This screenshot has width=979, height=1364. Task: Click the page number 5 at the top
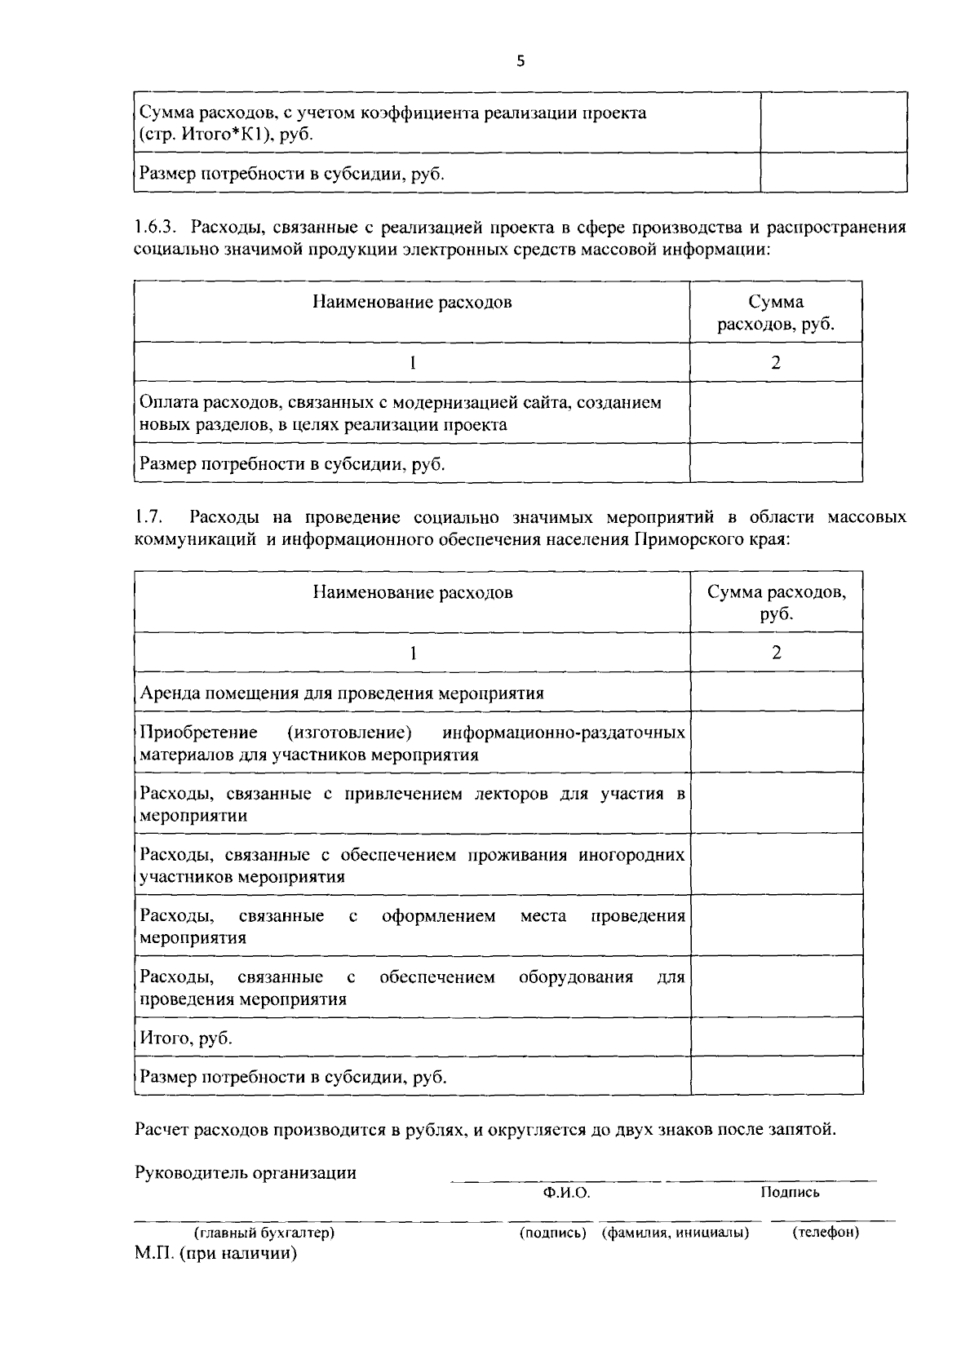pyautogui.click(x=521, y=61)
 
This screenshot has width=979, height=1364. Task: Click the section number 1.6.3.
pyautogui.click(x=155, y=227)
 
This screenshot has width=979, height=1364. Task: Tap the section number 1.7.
pyautogui.click(x=150, y=516)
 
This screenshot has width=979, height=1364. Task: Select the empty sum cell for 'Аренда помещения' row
pyautogui.click(x=776, y=693)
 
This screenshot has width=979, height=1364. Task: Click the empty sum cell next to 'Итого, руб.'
pyautogui.click(x=776, y=1038)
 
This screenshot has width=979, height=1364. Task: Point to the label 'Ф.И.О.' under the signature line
pyautogui.click(x=566, y=1193)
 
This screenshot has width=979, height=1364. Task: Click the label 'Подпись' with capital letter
pyautogui.click(x=790, y=1193)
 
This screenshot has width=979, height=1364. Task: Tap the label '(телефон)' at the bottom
pyautogui.click(x=826, y=1233)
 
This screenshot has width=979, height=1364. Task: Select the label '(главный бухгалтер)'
pyautogui.click(x=264, y=1233)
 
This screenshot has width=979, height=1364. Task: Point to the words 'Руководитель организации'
pyautogui.click(x=246, y=1173)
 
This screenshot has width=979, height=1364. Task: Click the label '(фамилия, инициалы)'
pyautogui.click(x=676, y=1233)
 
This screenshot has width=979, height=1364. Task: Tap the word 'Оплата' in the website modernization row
pyautogui.click(x=167, y=402)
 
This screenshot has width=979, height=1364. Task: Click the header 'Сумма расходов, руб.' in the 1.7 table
pyautogui.click(x=776, y=603)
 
